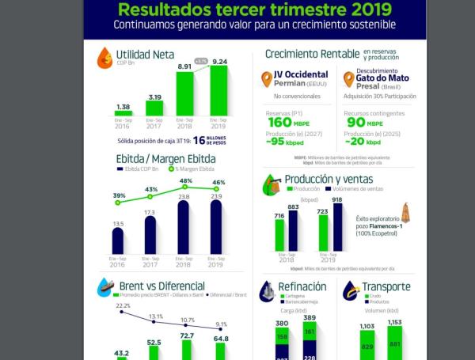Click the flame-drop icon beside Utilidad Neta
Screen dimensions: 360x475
[104, 58]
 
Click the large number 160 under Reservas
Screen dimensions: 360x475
[279, 123]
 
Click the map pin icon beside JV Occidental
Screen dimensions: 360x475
[267, 80]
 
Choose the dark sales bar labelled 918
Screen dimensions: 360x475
[337, 229]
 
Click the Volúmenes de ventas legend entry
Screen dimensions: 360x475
[352, 189]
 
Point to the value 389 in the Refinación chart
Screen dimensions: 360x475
[309, 317]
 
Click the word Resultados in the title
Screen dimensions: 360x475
[169, 10]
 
